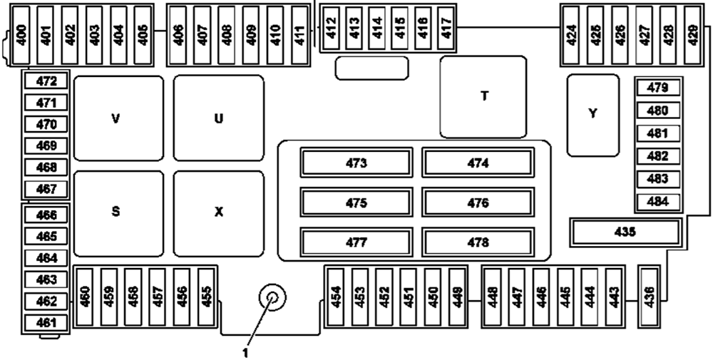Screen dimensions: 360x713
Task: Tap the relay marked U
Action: (x=219, y=118)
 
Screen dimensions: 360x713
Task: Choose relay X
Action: (x=219, y=212)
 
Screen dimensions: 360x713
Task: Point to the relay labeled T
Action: (x=483, y=96)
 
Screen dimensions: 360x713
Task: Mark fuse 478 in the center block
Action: (x=478, y=242)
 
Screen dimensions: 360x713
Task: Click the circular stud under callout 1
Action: (x=272, y=298)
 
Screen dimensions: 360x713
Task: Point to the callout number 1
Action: (x=247, y=350)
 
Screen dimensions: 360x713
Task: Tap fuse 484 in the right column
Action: (x=658, y=201)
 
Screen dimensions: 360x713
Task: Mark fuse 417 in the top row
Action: (x=447, y=29)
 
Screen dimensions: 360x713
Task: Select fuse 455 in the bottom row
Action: (x=207, y=295)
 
